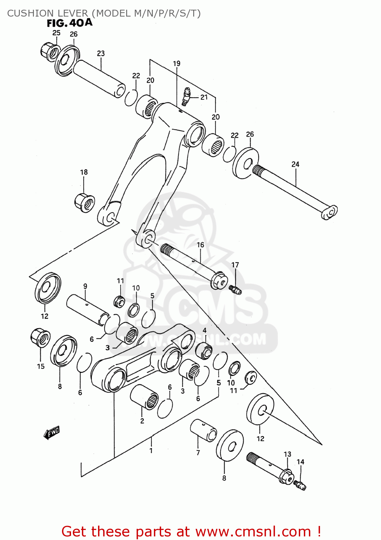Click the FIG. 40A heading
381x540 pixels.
point(70,23)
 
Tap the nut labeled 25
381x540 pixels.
point(49,51)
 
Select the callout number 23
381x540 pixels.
point(101,53)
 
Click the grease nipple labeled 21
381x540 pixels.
point(186,96)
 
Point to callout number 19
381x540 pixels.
point(176,63)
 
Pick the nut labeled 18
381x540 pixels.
point(85,203)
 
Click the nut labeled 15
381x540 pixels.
point(40,338)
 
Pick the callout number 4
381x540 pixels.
point(204,330)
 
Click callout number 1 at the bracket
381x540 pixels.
point(151,450)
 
